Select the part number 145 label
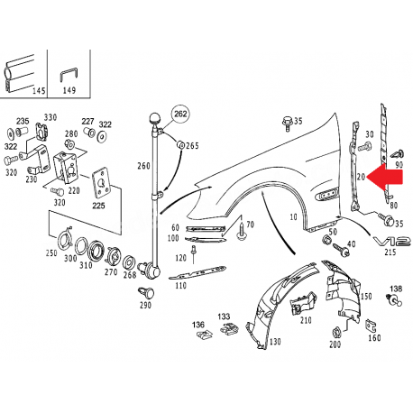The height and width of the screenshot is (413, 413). [x=38, y=91]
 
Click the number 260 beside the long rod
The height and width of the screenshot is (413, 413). [x=143, y=166]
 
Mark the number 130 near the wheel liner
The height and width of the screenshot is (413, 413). [x=273, y=342]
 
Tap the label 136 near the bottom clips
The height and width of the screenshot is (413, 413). [x=198, y=324]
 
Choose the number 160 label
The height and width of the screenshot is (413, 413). [x=373, y=338]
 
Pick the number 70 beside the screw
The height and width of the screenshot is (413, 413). [x=250, y=224]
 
